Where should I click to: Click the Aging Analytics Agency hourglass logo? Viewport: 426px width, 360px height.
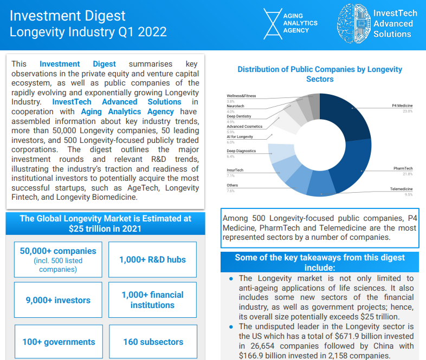pos(273,24)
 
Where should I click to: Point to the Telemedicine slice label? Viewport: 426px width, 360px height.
pos(402,189)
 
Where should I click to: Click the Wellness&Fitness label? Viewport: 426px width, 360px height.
pos(241,96)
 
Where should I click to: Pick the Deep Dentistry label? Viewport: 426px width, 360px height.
pos(239,116)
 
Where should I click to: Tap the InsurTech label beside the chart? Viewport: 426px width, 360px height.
pos(235,170)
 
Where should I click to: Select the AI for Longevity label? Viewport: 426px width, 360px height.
pos(240,137)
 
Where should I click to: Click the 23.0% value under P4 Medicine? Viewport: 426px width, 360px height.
pos(407,111)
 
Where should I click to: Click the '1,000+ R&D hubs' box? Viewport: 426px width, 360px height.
pos(152,260)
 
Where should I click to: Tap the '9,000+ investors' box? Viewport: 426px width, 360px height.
pos(58,300)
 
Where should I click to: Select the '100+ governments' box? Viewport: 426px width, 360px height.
pos(59,342)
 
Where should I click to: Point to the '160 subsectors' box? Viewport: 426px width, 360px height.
pos(153,342)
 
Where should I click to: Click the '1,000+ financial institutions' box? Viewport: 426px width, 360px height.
pos(152,300)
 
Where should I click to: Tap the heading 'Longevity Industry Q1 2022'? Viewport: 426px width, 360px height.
pos(88,32)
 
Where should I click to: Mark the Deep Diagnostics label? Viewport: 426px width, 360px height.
pos(241,151)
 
